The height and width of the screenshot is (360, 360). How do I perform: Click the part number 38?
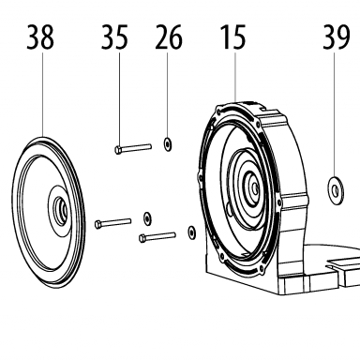(40, 37)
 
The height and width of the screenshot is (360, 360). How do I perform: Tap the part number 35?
(114, 37)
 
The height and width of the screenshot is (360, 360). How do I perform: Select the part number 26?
(169, 37)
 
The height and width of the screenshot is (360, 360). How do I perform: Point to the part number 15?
(233, 37)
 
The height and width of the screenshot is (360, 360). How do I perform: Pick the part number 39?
(337, 37)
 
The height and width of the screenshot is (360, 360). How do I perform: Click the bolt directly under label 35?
(133, 148)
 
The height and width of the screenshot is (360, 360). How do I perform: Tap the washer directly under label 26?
(168, 143)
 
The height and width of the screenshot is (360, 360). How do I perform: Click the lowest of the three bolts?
(157, 237)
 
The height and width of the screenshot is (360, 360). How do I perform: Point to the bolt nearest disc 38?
(112, 223)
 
